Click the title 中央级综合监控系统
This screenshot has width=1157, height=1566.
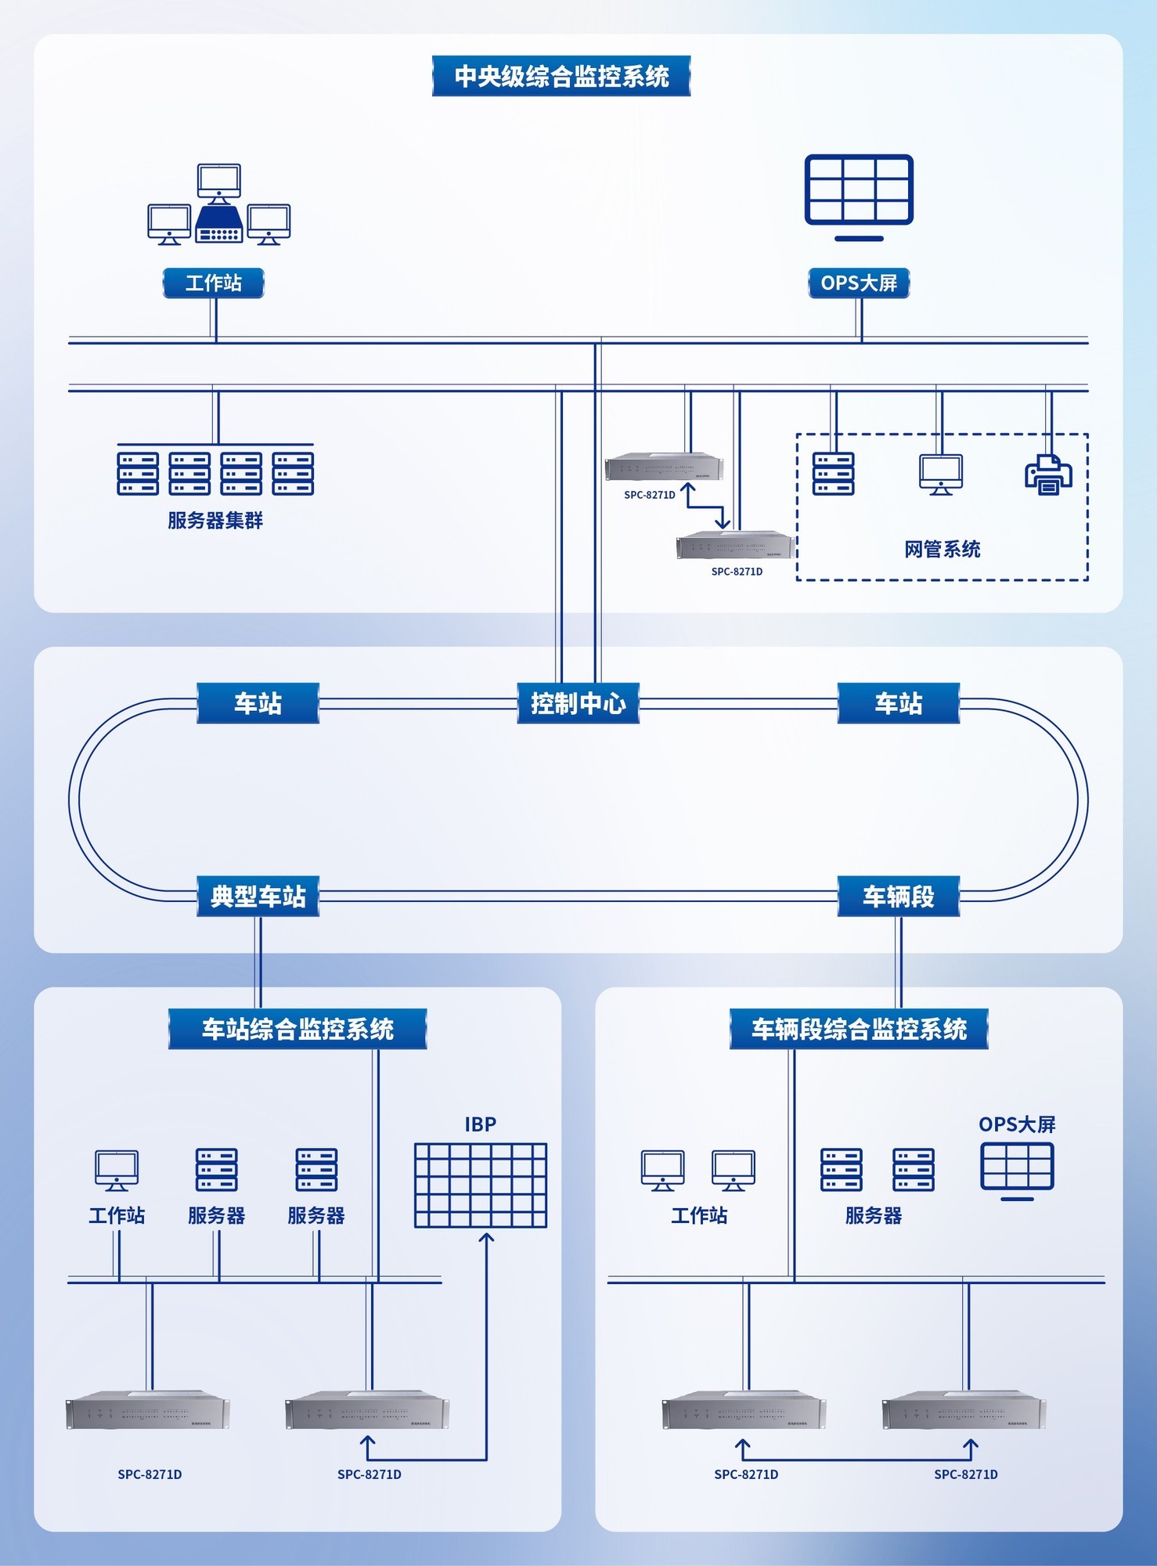[x=561, y=76]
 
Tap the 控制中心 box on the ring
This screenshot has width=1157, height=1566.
[x=578, y=703]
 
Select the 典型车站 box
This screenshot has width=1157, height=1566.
[x=258, y=896]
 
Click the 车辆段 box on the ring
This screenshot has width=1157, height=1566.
[x=898, y=896]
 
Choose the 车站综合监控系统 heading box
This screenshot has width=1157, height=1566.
[x=297, y=1029]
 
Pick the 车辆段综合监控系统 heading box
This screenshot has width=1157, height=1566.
[x=859, y=1029]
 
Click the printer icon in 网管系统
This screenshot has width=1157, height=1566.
[x=1048, y=474]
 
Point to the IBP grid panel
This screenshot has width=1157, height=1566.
[x=480, y=1185]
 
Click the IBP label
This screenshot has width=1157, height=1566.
[x=480, y=1124]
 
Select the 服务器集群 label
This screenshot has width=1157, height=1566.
[x=215, y=521]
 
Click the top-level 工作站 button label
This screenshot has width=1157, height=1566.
[x=213, y=283]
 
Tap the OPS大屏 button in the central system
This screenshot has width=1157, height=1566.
[x=859, y=283]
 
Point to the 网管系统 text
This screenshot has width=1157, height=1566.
[x=942, y=549]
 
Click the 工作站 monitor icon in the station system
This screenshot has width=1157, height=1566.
[x=117, y=1170]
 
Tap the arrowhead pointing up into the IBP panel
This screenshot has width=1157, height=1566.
[x=486, y=1237]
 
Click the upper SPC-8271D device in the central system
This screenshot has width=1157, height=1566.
[x=664, y=467]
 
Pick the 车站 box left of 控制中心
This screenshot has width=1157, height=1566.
[x=258, y=703]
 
